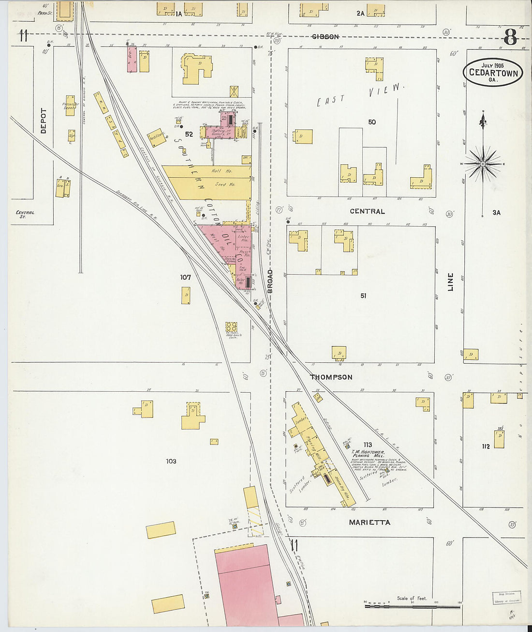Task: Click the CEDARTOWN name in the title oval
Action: [493, 74]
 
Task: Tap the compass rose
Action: [483, 165]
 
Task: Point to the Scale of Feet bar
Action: [412, 606]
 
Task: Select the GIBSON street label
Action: [325, 37]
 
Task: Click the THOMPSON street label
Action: [331, 377]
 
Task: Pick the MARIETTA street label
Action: [369, 522]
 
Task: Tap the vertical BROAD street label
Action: [270, 281]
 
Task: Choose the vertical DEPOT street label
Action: [44, 121]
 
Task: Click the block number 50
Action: [371, 122]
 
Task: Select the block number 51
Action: [363, 295]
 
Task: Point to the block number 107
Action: [185, 277]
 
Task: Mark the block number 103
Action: [171, 461]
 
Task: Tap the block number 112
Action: [486, 446]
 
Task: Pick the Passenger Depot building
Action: [70, 105]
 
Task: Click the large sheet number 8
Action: [510, 37]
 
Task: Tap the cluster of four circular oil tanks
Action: [231, 328]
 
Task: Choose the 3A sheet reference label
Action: [496, 212]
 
